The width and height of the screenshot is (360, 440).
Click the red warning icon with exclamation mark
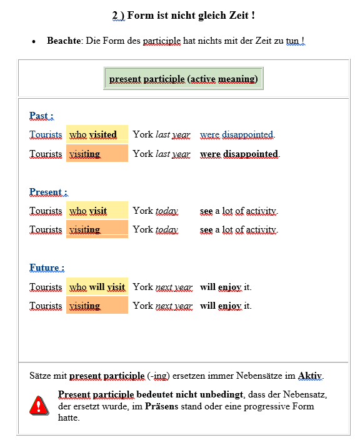[39, 405]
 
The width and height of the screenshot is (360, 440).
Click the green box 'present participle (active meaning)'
[183, 79]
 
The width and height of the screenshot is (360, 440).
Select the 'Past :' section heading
[41, 116]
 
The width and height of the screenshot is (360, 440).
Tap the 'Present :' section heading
[48, 192]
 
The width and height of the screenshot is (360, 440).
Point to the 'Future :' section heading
[47, 268]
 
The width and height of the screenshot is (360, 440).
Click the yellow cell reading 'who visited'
[97, 134]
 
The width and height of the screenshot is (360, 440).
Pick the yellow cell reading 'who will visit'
[97, 287]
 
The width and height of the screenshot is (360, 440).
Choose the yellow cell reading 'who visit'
[97, 211]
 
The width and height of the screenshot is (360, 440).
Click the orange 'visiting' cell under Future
[97, 306]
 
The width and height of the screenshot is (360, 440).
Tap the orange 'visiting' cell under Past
[97, 154]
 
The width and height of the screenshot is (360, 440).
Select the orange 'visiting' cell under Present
[97, 229]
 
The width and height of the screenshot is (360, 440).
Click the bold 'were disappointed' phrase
[239, 154]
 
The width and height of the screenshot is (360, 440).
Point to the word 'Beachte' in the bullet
[64, 41]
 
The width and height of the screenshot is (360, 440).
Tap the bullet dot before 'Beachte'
[34, 42]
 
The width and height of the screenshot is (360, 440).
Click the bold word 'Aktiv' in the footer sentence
[309, 376]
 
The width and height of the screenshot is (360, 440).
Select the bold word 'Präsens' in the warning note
[162, 406]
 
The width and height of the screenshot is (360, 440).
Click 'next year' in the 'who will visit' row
[174, 287]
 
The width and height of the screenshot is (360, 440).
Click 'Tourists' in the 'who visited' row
[46, 134]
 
